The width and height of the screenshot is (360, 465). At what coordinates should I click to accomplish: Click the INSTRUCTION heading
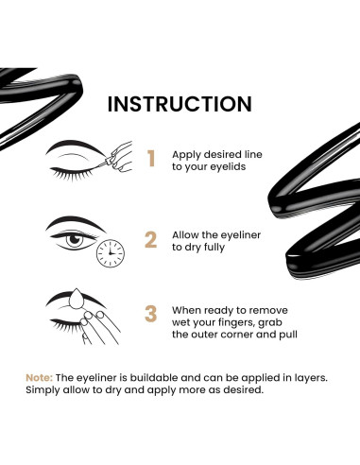pos(179,102)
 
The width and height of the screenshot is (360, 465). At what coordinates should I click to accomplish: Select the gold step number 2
pos(149,239)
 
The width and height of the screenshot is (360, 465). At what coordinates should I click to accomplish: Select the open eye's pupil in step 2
pos(75,242)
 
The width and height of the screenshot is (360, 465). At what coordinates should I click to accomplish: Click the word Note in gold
pos(40,377)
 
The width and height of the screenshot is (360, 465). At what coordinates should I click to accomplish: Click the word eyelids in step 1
pos(221,165)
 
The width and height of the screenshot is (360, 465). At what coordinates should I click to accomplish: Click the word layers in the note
pos(305,377)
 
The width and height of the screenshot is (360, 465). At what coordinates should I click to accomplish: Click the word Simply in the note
pos(45,390)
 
